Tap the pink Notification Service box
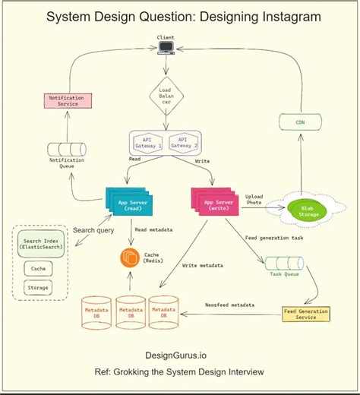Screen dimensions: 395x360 click(x=69, y=101)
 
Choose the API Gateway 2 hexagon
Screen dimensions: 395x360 click(x=182, y=143)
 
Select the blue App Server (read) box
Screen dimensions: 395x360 click(x=128, y=203)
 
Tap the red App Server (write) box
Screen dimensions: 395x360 click(x=216, y=203)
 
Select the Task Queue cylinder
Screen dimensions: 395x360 click(x=285, y=264)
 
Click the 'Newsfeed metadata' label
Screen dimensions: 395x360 click(x=230, y=305)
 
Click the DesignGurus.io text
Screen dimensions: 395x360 click(x=178, y=354)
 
